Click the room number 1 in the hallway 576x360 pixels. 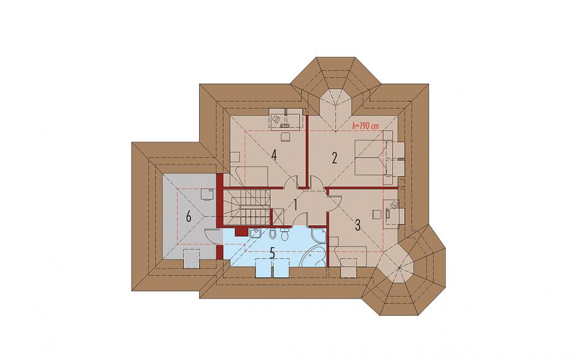coord(295,204)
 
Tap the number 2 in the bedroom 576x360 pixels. coord(335,158)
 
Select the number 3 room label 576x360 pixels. coord(358,225)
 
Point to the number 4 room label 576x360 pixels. coord(274,156)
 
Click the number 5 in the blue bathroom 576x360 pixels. coord(272,253)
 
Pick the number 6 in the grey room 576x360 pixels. coord(189,216)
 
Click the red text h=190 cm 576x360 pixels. coord(365,126)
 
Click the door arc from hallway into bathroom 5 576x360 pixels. coord(300,219)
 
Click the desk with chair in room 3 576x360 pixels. coord(390,212)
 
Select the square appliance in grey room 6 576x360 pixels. coord(207,193)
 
